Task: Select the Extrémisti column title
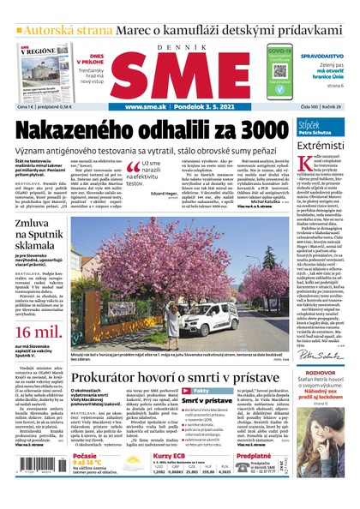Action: click(x=321, y=145)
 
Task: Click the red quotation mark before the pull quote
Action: click(x=134, y=164)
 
